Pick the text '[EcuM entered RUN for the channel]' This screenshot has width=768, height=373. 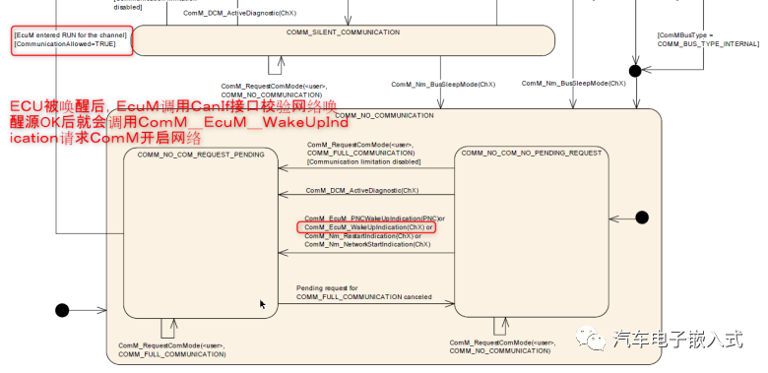tap(70, 34)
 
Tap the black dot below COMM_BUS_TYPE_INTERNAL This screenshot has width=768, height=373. tap(635, 70)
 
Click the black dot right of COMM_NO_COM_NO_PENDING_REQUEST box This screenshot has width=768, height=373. tap(642, 217)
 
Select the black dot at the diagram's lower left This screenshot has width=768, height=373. tap(62, 310)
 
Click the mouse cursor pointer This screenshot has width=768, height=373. tap(262, 304)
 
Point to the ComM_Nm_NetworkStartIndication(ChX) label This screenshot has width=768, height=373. tap(367, 244)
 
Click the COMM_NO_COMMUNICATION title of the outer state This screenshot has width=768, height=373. tap(384, 115)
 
